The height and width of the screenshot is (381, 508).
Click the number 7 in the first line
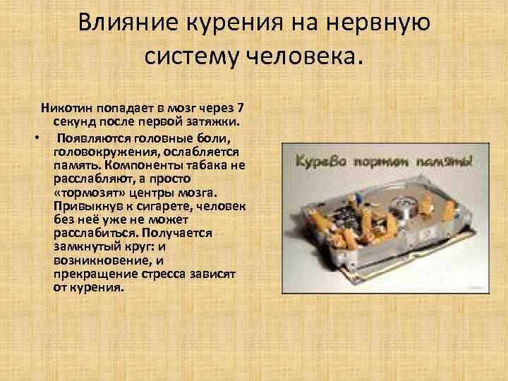coord(241,109)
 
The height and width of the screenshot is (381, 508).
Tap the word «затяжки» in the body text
coord(207,121)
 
